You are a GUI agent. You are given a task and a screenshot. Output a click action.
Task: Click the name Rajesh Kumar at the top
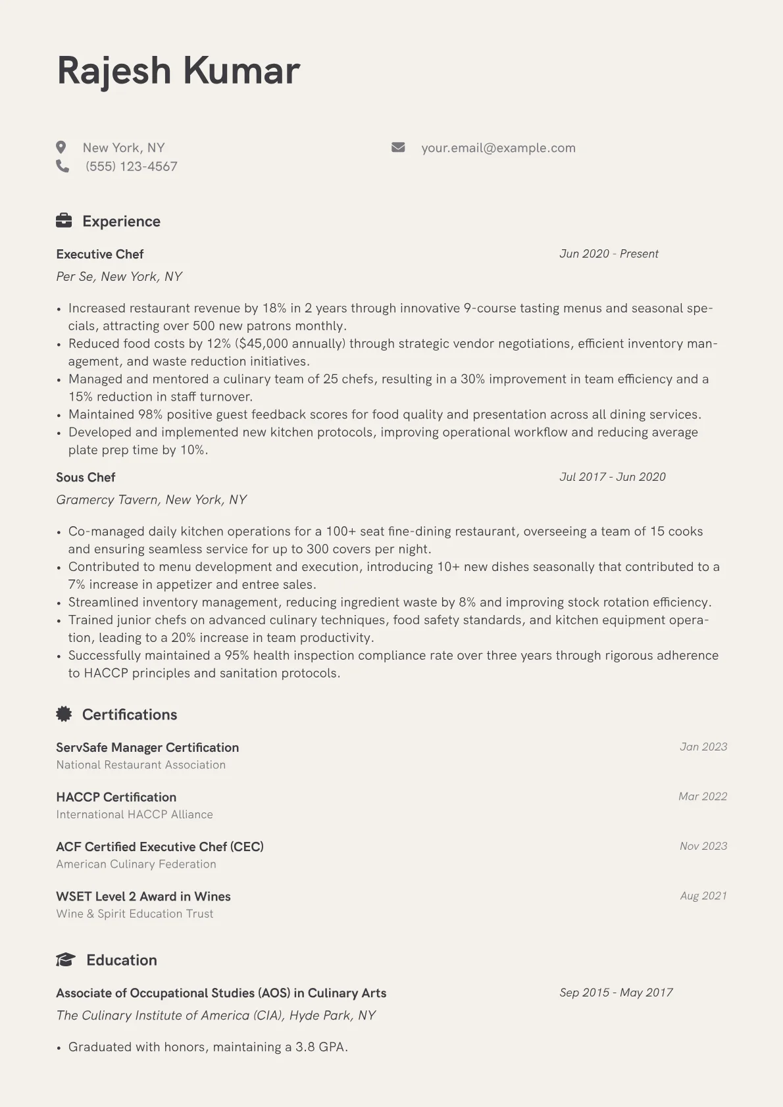click(178, 71)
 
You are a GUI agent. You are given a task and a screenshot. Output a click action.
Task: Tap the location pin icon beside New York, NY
click(61, 147)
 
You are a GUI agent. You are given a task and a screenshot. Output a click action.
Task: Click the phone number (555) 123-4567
click(131, 166)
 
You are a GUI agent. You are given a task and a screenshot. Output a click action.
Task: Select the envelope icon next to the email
click(398, 147)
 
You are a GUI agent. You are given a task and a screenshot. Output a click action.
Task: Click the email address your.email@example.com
click(498, 148)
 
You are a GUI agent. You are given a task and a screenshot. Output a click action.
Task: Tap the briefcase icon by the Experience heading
click(64, 221)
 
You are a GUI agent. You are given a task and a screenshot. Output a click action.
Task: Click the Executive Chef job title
click(99, 255)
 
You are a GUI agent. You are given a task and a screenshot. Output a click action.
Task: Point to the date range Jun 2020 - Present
click(609, 254)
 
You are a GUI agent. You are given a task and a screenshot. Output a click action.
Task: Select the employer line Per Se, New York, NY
click(119, 277)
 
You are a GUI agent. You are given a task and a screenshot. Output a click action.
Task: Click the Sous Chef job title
click(86, 478)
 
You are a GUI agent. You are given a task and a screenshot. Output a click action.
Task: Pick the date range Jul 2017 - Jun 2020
click(613, 477)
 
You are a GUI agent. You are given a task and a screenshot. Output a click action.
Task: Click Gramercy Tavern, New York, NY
click(151, 500)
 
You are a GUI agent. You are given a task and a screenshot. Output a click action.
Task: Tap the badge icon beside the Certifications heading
click(64, 714)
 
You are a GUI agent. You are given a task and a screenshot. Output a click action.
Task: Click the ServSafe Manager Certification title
click(147, 748)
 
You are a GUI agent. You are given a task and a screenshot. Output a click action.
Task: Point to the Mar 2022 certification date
click(703, 797)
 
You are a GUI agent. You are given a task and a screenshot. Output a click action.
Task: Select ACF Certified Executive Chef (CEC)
click(160, 847)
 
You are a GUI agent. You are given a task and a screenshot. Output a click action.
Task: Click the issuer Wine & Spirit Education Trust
click(135, 914)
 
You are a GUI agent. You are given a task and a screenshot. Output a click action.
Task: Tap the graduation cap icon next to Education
click(65, 960)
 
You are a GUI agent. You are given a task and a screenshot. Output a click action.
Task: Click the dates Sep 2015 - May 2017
click(616, 993)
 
